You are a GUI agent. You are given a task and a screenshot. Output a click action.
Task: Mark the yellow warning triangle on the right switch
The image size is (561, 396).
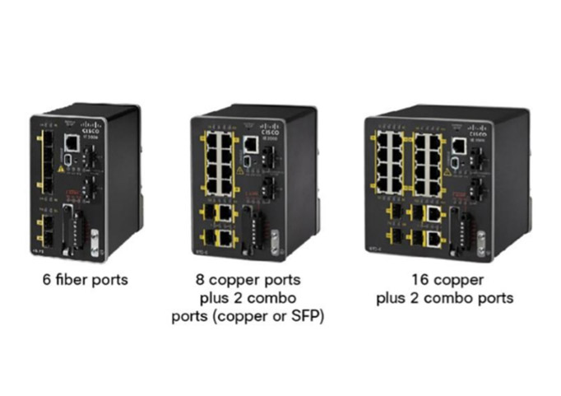point(447,172)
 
